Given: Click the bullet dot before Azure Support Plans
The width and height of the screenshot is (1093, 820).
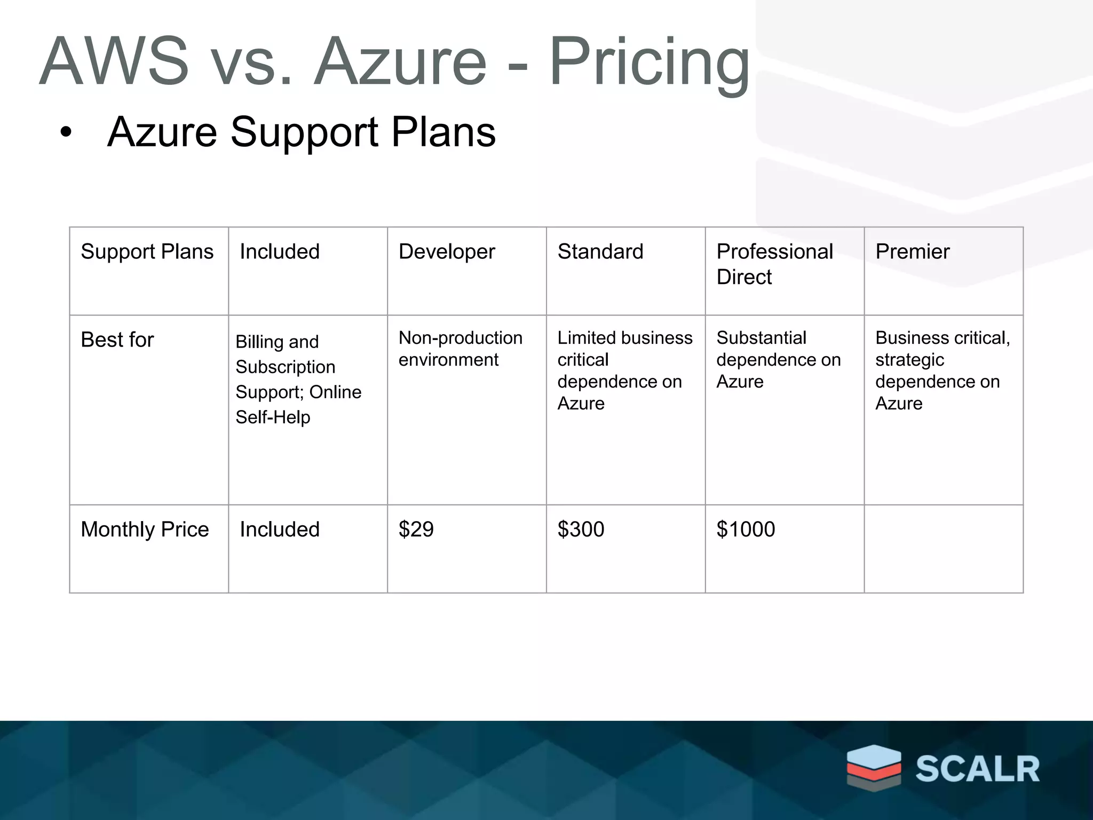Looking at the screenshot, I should pyautogui.click(x=66, y=132).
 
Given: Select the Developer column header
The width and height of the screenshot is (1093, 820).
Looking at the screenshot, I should pyautogui.click(x=447, y=251).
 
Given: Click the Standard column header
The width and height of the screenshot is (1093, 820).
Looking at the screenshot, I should pyautogui.click(x=600, y=251).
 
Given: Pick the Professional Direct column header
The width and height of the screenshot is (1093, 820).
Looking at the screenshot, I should pyautogui.click(x=774, y=264).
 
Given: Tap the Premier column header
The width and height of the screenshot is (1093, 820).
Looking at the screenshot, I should pyautogui.click(x=913, y=251).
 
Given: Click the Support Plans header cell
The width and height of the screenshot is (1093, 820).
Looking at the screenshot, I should pyautogui.click(x=147, y=251).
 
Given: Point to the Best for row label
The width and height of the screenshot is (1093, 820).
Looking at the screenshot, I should pyautogui.click(x=117, y=340).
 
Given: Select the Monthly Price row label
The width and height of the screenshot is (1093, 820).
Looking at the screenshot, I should pyautogui.click(x=145, y=529).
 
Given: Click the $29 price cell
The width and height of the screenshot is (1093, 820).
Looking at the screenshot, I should pyautogui.click(x=416, y=529).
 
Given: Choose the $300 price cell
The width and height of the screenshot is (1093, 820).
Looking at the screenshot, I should pyautogui.click(x=581, y=529).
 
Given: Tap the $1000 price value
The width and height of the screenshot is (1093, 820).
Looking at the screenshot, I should pyautogui.click(x=746, y=529).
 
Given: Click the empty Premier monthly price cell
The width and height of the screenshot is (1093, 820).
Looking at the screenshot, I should pyautogui.click(x=944, y=548).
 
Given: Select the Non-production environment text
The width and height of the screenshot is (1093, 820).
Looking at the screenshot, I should pyautogui.click(x=460, y=349).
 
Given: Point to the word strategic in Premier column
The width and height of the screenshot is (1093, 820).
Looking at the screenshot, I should pyautogui.click(x=909, y=360).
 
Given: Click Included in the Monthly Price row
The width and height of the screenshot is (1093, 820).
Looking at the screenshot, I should pyautogui.click(x=280, y=529).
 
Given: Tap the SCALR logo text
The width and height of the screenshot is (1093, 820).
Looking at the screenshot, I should pyautogui.click(x=978, y=769).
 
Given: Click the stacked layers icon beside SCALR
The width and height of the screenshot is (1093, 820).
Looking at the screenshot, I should pyautogui.click(x=874, y=768).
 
